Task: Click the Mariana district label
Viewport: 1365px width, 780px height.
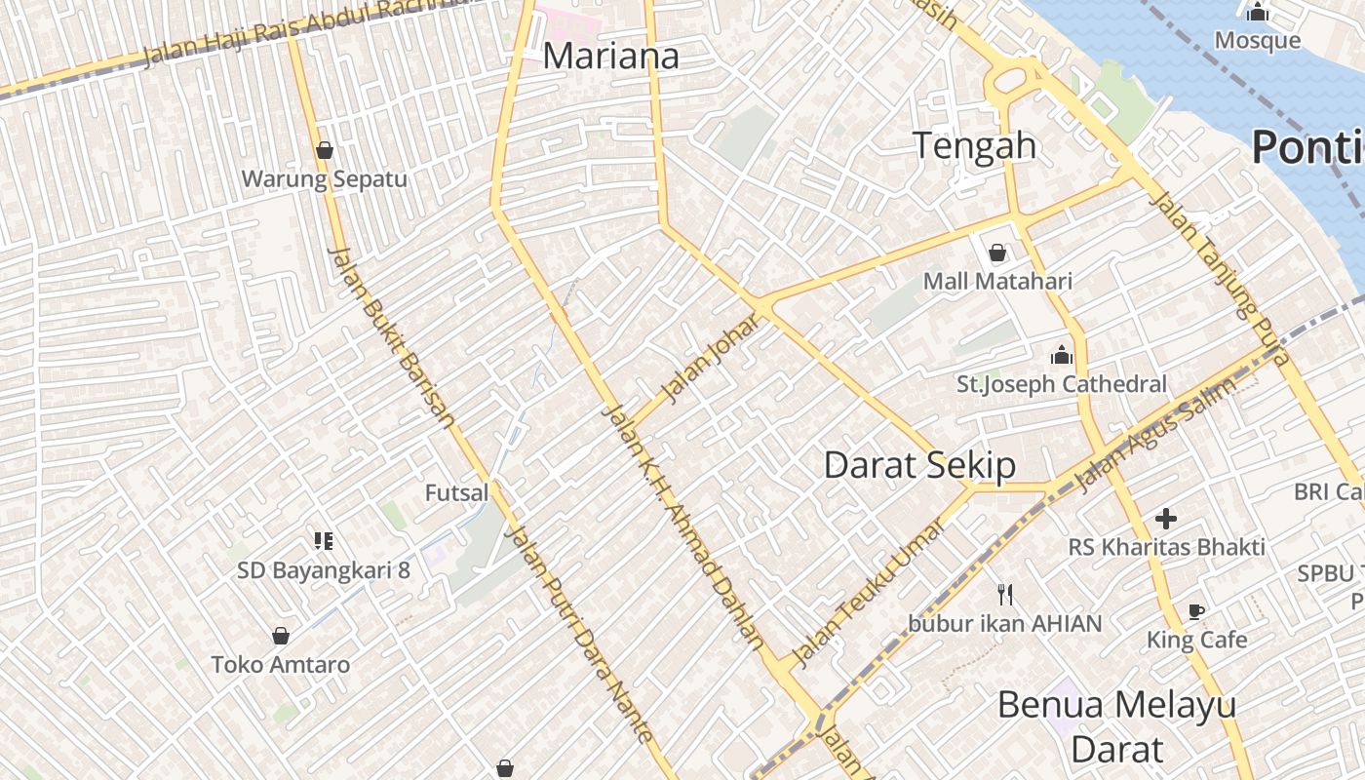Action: click(x=610, y=56)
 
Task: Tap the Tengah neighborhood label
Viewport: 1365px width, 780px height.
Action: click(x=974, y=145)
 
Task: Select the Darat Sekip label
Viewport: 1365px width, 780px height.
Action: click(x=919, y=465)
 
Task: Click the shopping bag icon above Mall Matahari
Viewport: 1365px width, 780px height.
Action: click(x=997, y=253)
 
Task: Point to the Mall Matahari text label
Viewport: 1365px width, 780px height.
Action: click(x=997, y=281)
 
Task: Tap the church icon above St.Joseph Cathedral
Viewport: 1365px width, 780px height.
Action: click(x=1061, y=355)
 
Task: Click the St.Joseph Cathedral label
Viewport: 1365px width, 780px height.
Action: click(x=1061, y=384)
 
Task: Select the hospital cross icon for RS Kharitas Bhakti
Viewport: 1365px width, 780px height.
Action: click(x=1165, y=519)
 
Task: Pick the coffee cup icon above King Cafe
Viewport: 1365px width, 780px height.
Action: click(x=1196, y=612)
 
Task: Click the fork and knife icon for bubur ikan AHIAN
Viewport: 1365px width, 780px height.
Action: click(x=1005, y=594)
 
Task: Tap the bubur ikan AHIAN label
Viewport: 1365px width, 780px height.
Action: click(x=1005, y=623)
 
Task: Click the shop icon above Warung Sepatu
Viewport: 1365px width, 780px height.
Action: click(x=325, y=150)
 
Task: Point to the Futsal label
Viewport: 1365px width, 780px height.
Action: click(x=456, y=492)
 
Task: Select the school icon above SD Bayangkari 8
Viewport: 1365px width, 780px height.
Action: click(x=324, y=541)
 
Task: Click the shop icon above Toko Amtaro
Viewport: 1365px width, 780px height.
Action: click(x=281, y=636)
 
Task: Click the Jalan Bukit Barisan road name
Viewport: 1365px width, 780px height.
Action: click(x=393, y=337)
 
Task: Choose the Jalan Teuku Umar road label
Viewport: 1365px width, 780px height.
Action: click(x=868, y=593)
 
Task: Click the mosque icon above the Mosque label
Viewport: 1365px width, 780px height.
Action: click(x=1258, y=13)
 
